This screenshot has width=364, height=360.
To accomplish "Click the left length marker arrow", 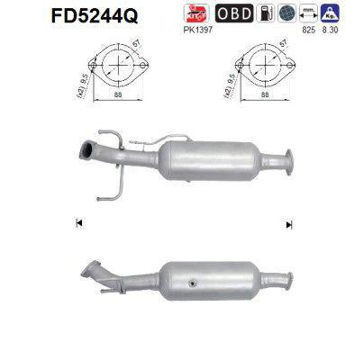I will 79,222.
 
